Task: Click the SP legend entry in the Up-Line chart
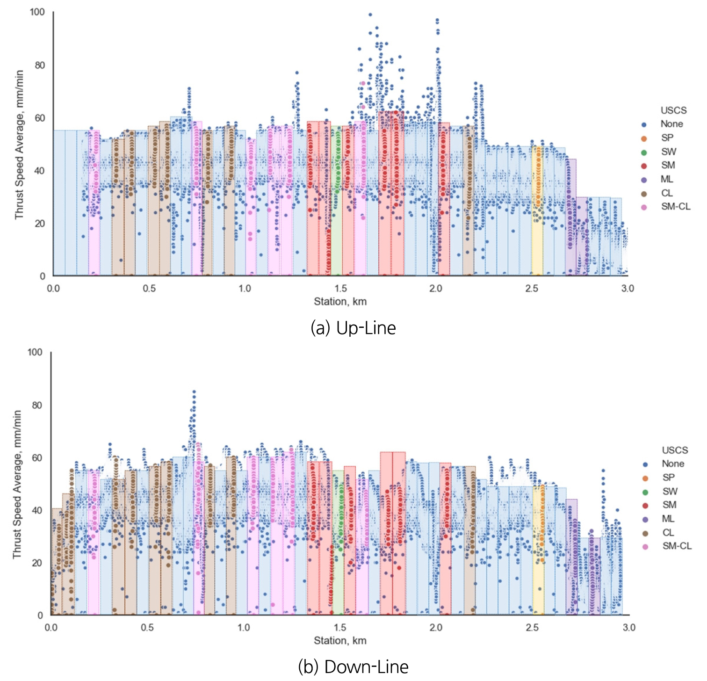[x=667, y=138]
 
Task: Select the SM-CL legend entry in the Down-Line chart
[x=677, y=546]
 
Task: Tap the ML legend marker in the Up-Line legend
[x=644, y=180]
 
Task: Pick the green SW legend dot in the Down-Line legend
[x=645, y=492]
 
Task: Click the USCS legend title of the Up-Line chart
[x=673, y=110]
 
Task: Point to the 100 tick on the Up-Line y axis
[x=37, y=12]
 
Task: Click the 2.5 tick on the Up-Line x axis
[x=532, y=288]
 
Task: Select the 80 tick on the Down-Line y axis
[x=37, y=405]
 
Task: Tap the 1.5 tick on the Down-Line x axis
[x=340, y=627]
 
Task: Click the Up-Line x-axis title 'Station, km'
[x=340, y=302]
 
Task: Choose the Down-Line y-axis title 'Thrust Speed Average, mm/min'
[x=17, y=484]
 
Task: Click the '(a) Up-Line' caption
[x=353, y=328]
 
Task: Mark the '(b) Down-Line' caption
[x=353, y=667]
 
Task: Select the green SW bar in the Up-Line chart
[x=337, y=234]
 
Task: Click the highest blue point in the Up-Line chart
[x=370, y=14]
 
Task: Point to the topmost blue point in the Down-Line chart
[x=194, y=391]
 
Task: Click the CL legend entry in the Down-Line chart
[x=668, y=533]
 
